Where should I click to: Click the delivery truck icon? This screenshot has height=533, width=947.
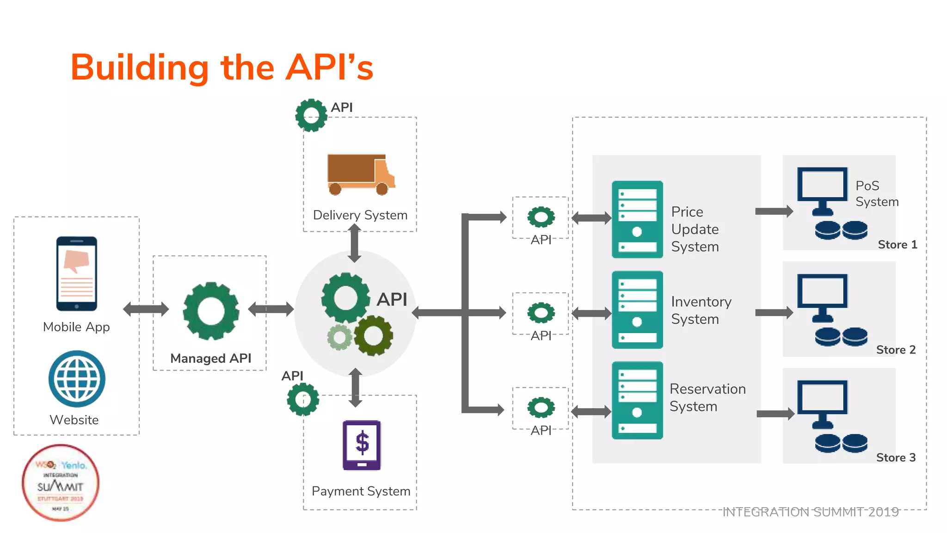361,174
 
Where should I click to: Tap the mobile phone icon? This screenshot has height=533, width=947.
77,273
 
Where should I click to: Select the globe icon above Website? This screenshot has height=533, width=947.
77,379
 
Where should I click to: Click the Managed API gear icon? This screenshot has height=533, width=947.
211,311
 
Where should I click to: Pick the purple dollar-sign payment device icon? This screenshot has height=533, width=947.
362,445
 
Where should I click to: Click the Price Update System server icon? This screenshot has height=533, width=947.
637,219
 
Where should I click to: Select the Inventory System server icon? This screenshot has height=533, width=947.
637,310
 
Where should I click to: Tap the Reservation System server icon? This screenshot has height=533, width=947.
637,400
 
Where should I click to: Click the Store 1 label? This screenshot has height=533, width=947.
897,245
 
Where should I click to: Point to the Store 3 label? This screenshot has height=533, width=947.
896,458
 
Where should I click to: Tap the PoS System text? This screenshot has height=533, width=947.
877,193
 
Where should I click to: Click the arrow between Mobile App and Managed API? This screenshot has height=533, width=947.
146,309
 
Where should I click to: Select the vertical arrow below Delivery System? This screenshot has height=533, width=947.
355,243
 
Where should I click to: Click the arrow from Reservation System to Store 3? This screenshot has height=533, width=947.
775,414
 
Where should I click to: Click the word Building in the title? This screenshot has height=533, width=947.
139,68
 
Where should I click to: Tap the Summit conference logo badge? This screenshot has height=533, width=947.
61,483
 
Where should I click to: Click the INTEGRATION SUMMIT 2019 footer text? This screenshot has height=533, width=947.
810,512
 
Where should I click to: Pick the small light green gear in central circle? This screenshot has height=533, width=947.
340,337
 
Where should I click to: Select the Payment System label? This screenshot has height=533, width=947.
361,491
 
